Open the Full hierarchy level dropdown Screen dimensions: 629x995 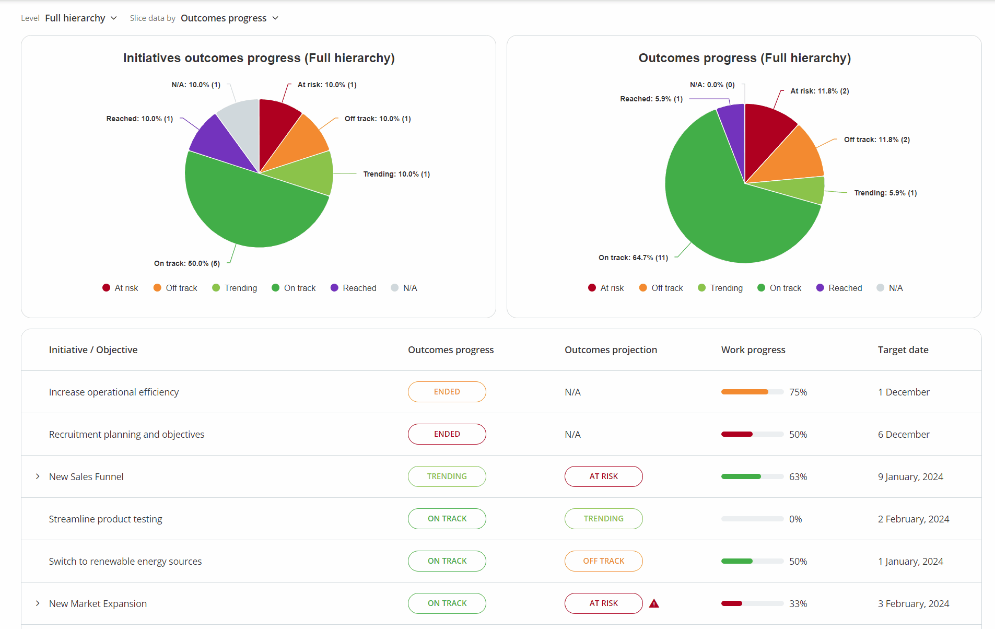pos(80,18)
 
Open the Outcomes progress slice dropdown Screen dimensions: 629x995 pos(229,18)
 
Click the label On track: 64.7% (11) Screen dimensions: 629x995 pos(633,258)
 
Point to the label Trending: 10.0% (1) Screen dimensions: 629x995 pos(396,174)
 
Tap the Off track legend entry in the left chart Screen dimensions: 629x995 pos(175,288)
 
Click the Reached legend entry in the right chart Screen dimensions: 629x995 pos(839,288)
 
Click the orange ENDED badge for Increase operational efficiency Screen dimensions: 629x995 pos(447,392)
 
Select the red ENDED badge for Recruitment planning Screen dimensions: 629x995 pos(447,434)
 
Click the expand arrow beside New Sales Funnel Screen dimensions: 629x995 pos(38,476)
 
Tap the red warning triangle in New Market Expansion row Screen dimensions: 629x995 pos(654,604)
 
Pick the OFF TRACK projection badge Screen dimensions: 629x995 pos(603,561)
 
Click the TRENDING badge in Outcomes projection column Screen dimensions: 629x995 pos(603,519)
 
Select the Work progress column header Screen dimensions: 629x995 pos(753,350)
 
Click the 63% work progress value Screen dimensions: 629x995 pos(798,477)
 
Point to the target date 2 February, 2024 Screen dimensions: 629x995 pos(913,519)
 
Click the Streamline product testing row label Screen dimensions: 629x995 pos(106,519)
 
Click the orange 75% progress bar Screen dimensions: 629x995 pos(744,392)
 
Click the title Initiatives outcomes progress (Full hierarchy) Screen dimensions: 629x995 pos(259,58)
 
